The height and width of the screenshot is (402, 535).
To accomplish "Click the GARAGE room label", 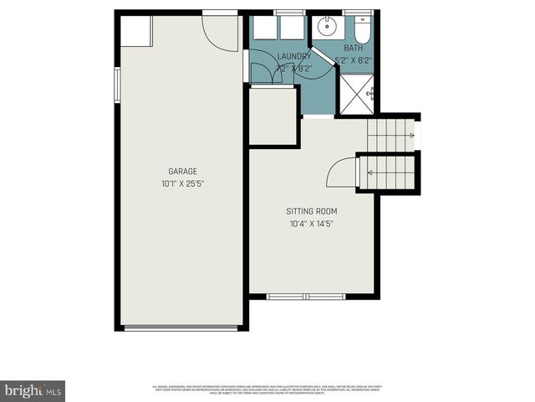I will (x=182, y=171).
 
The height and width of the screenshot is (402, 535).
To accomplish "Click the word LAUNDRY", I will (x=293, y=56).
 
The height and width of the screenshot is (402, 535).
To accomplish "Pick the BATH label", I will (x=353, y=49).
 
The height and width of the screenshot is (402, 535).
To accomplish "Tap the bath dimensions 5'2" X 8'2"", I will (x=353, y=60).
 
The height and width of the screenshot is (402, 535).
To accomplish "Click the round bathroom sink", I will (x=325, y=27).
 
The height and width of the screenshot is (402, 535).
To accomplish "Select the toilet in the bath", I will (x=362, y=31).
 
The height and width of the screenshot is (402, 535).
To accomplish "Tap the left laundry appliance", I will (x=265, y=28).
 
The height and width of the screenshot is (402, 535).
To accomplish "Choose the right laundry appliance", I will (x=293, y=28).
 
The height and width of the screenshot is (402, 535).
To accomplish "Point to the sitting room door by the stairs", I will (x=341, y=174).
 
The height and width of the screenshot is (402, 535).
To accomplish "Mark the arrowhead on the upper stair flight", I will (x=410, y=135).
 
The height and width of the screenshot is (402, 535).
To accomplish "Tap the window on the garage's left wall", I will (x=118, y=83).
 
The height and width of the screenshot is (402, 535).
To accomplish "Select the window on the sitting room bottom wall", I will (x=305, y=296).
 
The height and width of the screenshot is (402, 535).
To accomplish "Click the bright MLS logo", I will (x=33, y=391).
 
